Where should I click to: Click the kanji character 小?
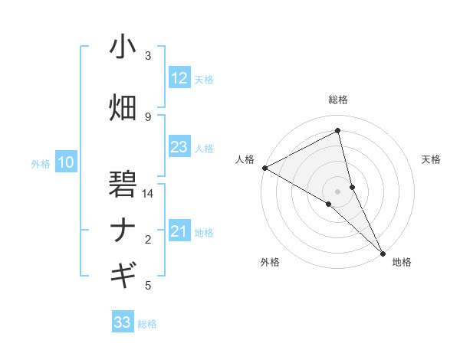[x=123, y=47]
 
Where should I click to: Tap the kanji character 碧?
[x=123, y=185]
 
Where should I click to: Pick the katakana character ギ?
[x=123, y=273]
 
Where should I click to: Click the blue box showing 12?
[x=179, y=77]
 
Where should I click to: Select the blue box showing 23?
[x=179, y=147]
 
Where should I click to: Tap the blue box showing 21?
[x=179, y=231]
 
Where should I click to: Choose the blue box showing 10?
[x=66, y=162]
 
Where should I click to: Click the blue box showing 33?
[x=123, y=322]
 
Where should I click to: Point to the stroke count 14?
[x=148, y=194]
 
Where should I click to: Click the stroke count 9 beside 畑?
[x=148, y=116]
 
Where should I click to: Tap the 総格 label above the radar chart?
[x=338, y=100]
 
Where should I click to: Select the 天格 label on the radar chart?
[x=432, y=159]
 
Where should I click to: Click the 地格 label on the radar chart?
[x=402, y=262]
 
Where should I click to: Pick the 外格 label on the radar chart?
[x=270, y=262]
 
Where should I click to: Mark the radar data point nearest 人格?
[x=264, y=168]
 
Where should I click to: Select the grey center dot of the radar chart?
[x=338, y=191]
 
